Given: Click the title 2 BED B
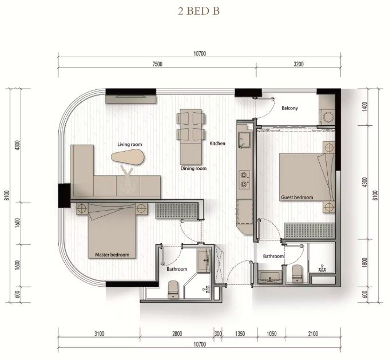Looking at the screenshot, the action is [199, 11].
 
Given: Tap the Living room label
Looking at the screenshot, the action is [130, 144].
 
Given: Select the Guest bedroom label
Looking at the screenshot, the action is [297, 197].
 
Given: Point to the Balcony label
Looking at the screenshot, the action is [289, 108].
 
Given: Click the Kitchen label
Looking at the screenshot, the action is [217, 143].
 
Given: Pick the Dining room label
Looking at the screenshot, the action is [193, 168].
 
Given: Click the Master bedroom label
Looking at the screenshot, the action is [112, 255].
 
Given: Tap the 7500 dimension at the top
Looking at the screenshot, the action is [157, 64].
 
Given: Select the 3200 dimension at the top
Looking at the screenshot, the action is [299, 64].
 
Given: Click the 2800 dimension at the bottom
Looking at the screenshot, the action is [177, 334].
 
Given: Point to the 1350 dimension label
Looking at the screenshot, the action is [240, 334].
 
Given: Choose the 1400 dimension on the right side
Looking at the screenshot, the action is [365, 107].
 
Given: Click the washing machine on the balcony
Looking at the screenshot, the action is [327, 116].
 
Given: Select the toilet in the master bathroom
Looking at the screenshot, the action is [173, 289].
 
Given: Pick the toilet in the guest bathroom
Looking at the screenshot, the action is [297, 274].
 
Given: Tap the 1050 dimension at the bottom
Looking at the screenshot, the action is [271, 334].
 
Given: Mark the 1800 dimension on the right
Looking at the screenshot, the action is [365, 263].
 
